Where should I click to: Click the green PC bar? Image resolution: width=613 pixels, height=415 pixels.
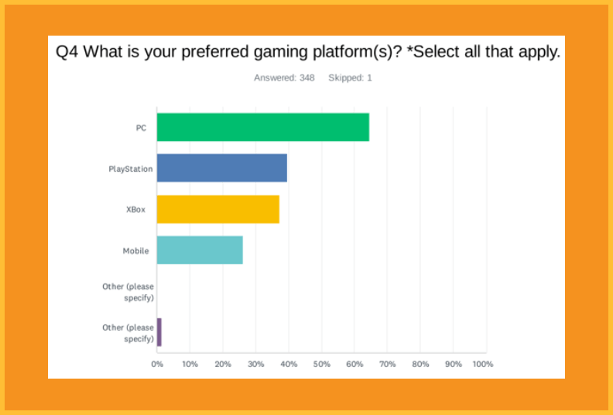[262, 127]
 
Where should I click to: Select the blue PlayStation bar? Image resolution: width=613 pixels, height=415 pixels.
[222, 168]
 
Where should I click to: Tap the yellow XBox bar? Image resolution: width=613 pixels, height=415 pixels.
[218, 209]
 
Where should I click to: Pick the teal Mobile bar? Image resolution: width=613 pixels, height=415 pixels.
[200, 250]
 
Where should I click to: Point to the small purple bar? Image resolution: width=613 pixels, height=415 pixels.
[159, 332]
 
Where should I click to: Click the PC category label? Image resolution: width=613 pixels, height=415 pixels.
[141, 128]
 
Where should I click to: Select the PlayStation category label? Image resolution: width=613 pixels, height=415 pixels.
[131, 169]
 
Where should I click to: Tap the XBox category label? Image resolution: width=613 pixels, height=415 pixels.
[135, 210]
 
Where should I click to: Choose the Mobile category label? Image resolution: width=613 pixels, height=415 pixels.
[136, 251]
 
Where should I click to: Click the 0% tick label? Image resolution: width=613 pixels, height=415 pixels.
[157, 364]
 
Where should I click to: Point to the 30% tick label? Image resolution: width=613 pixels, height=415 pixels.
[255, 364]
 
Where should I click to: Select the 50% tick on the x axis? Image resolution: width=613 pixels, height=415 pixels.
[322, 364]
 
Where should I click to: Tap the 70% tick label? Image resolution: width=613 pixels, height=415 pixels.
[388, 364]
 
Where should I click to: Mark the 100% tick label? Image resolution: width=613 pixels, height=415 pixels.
[483, 364]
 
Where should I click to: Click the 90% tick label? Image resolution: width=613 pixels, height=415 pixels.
[454, 364]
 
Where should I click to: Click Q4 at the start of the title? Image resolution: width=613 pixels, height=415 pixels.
[67, 52]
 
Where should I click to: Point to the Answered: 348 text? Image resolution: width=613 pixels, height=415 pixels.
[284, 78]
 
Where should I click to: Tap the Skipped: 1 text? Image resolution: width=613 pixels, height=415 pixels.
[350, 78]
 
